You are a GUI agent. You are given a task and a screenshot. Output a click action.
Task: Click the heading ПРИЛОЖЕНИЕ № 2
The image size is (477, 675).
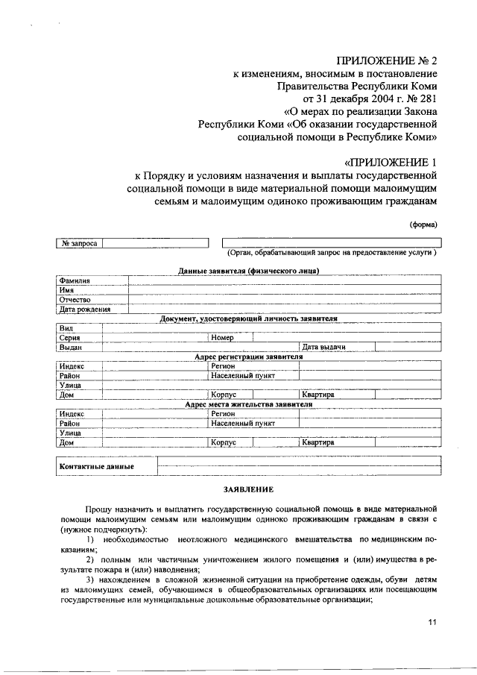(x=385, y=60)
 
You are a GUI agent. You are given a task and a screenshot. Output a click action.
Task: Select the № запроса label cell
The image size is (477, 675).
(x=78, y=243)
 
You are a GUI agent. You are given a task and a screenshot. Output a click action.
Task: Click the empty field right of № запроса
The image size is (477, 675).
(x=155, y=243)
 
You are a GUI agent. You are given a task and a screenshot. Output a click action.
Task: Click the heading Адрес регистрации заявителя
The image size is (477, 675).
(x=248, y=357)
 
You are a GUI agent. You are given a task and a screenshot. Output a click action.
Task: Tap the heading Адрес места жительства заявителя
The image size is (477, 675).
(x=248, y=404)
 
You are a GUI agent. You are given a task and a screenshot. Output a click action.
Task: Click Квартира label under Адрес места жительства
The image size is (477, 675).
(x=318, y=442)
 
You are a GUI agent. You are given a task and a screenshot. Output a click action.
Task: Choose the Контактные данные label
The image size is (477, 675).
(x=96, y=467)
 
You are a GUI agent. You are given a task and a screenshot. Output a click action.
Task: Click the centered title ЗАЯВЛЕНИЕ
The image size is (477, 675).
(x=248, y=490)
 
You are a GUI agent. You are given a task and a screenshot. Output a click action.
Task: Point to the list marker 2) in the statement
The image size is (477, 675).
(x=89, y=559)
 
